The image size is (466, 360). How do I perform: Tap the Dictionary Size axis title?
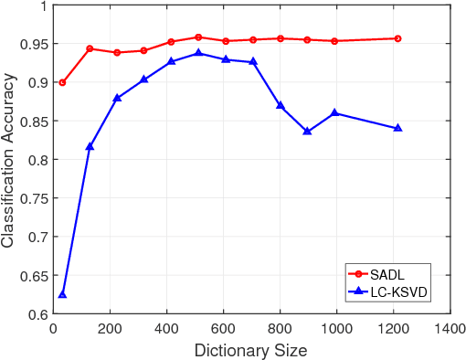coord(250,350)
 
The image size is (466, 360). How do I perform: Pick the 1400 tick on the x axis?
coord(449,328)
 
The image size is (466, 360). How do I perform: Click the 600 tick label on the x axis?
coord(223,328)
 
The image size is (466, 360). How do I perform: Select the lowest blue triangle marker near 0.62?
coord(62,294)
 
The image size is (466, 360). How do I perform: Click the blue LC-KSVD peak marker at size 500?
coord(198,53)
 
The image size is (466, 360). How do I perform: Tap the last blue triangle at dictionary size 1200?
coord(397,128)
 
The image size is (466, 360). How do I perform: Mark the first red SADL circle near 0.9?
coord(62,82)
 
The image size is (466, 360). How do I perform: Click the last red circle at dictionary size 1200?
coord(397,38)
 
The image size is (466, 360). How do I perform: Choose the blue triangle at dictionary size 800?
coord(281,106)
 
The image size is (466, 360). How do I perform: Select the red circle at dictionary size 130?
coord(90,48)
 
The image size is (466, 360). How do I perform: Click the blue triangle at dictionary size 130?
coord(90,146)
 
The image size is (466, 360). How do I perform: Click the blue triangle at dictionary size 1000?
coord(335,112)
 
